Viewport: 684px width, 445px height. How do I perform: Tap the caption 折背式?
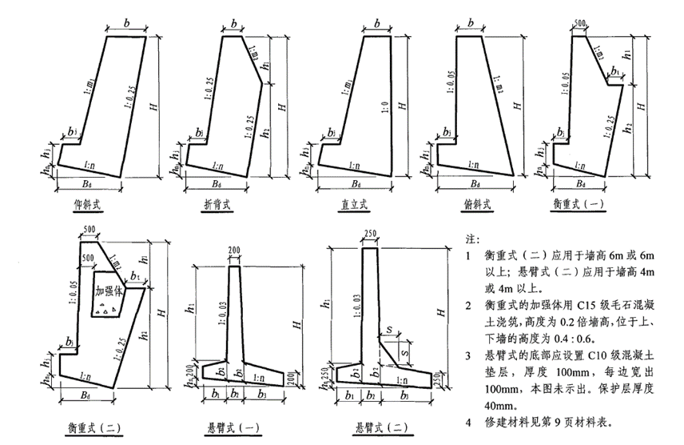click(217, 206)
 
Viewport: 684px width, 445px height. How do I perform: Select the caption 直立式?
click(352, 205)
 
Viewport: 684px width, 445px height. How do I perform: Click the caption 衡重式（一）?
click(579, 205)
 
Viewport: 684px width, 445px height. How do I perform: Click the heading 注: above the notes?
click(471, 239)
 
